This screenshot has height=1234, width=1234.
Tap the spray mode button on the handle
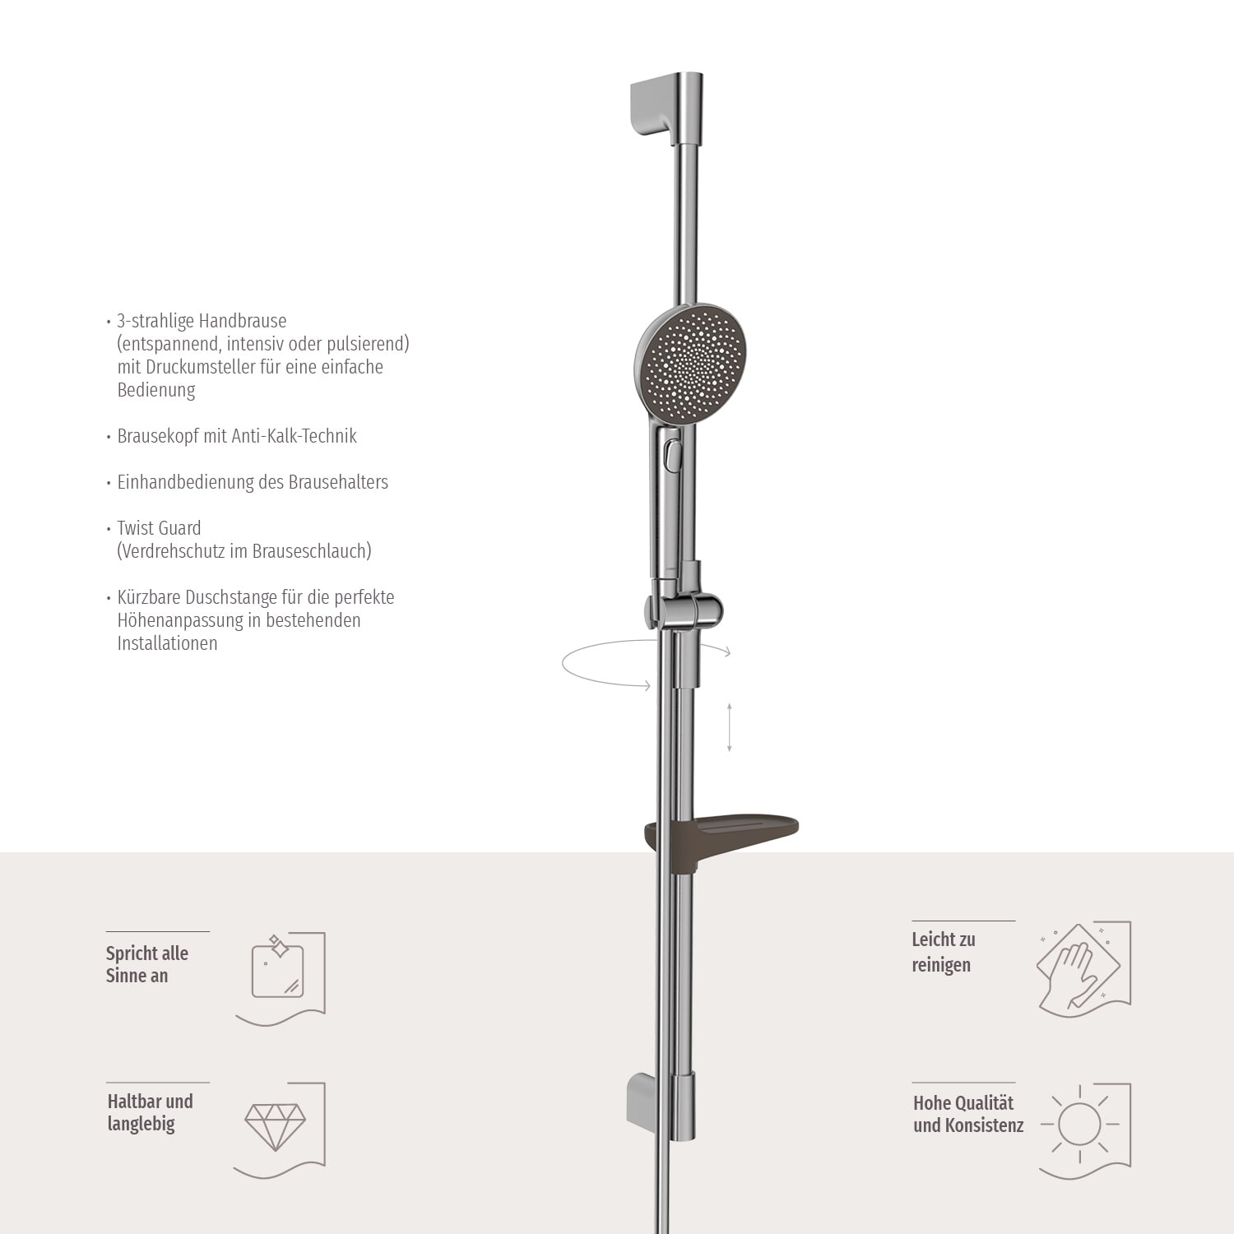pyautogui.click(x=674, y=454)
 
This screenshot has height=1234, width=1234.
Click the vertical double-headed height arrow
pyautogui.click(x=730, y=727)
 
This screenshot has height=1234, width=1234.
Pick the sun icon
pyautogui.click(x=1079, y=1124)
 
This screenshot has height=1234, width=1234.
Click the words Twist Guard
pyautogui.click(x=159, y=528)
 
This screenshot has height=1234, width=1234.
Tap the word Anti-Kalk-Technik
pyautogui.click(x=294, y=436)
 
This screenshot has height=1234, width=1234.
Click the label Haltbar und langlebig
pyautogui.click(x=150, y=1112)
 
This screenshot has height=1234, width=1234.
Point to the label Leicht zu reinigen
pyautogui.click(x=943, y=952)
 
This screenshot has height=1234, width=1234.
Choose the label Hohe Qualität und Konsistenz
pyautogui.click(x=967, y=1114)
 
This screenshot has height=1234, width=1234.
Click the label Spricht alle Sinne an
pyautogui.click(x=146, y=964)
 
